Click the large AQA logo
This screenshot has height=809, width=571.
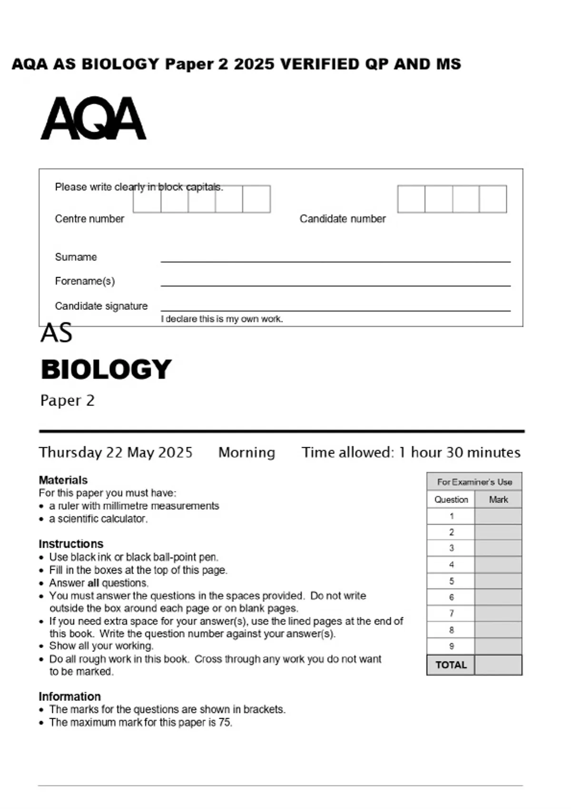click(x=93, y=119)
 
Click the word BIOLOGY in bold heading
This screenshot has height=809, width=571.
click(x=106, y=369)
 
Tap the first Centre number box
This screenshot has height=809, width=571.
click(x=147, y=199)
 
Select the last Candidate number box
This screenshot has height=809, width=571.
click(x=493, y=199)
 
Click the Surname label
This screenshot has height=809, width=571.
click(x=76, y=257)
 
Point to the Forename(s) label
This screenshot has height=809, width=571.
click(x=85, y=281)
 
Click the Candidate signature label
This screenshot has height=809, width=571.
click(x=101, y=306)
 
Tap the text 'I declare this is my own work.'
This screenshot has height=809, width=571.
click(x=222, y=319)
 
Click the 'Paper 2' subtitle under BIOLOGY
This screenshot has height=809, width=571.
click(x=67, y=400)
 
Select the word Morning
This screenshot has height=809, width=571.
click(x=246, y=452)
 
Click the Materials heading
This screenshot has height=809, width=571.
click(x=63, y=480)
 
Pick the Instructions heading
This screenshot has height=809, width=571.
click(x=70, y=543)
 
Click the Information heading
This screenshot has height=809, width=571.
click(x=69, y=696)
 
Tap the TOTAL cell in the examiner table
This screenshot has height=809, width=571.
click(x=451, y=665)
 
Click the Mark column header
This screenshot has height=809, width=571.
click(x=498, y=500)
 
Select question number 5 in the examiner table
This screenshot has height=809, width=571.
click(x=451, y=581)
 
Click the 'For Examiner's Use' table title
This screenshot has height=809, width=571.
click(x=474, y=482)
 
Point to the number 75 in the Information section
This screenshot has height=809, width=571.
click(x=225, y=722)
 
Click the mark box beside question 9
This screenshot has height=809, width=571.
click(x=498, y=646)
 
